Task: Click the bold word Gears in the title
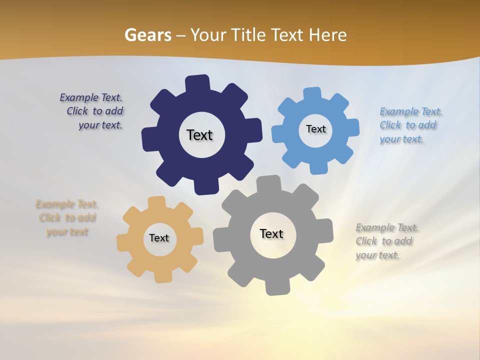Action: [x=147, y=35]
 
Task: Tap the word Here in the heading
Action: [x=327, y=35]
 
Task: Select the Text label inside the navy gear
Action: [x=199, y=135]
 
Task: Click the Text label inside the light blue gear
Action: [x=315, y=129]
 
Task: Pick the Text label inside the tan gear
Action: [x=158, y=238]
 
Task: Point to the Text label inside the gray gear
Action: [x=271, y=233]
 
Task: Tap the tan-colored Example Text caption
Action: [x=67, y=218]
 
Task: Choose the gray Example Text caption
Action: [x=386, y=241]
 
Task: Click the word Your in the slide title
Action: [x=209, y=35]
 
